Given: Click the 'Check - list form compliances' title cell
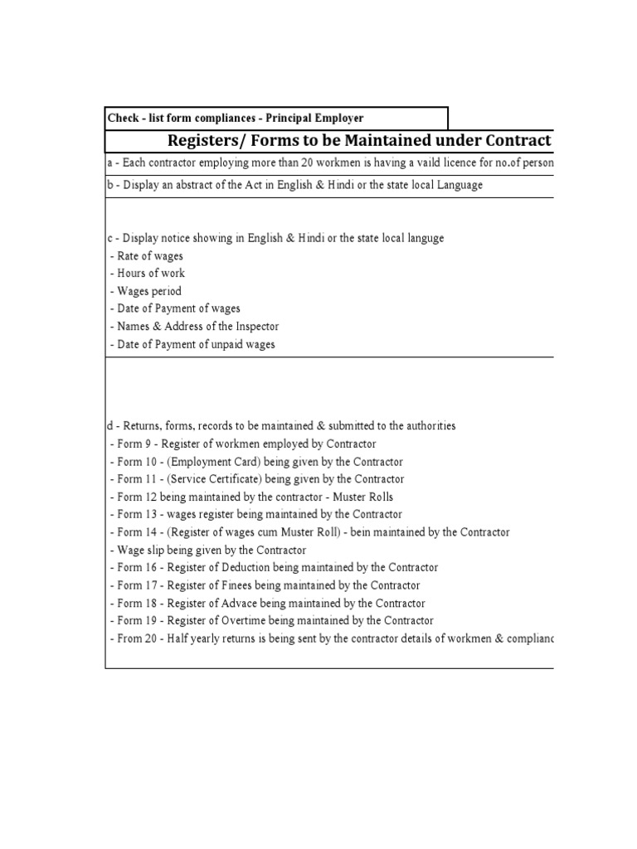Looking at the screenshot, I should [x=236, y=119].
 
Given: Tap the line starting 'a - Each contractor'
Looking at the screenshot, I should [x=330, y=163].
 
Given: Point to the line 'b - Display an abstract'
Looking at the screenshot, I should [x=294, y=185].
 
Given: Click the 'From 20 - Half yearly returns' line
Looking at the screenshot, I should [x=332, y=639].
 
